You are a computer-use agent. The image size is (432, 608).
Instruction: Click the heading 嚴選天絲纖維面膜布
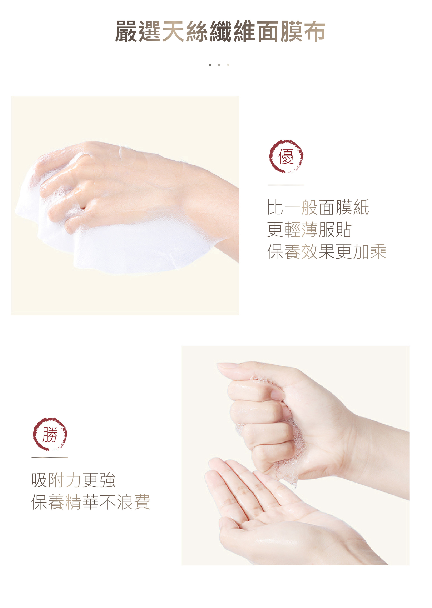(x=220, y=31)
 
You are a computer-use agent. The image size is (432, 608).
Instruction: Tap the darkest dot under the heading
(x=210, y=65)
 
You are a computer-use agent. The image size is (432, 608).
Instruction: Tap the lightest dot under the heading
(x=228, y=65)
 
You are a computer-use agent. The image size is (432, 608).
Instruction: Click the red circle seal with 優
(x=286, y=156)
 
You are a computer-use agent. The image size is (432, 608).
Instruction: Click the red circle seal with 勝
(x=50, y=434)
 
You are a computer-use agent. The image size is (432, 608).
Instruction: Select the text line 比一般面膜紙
(x=318, y=207)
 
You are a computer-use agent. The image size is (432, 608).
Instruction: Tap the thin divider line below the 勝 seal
(x=50, y=458)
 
